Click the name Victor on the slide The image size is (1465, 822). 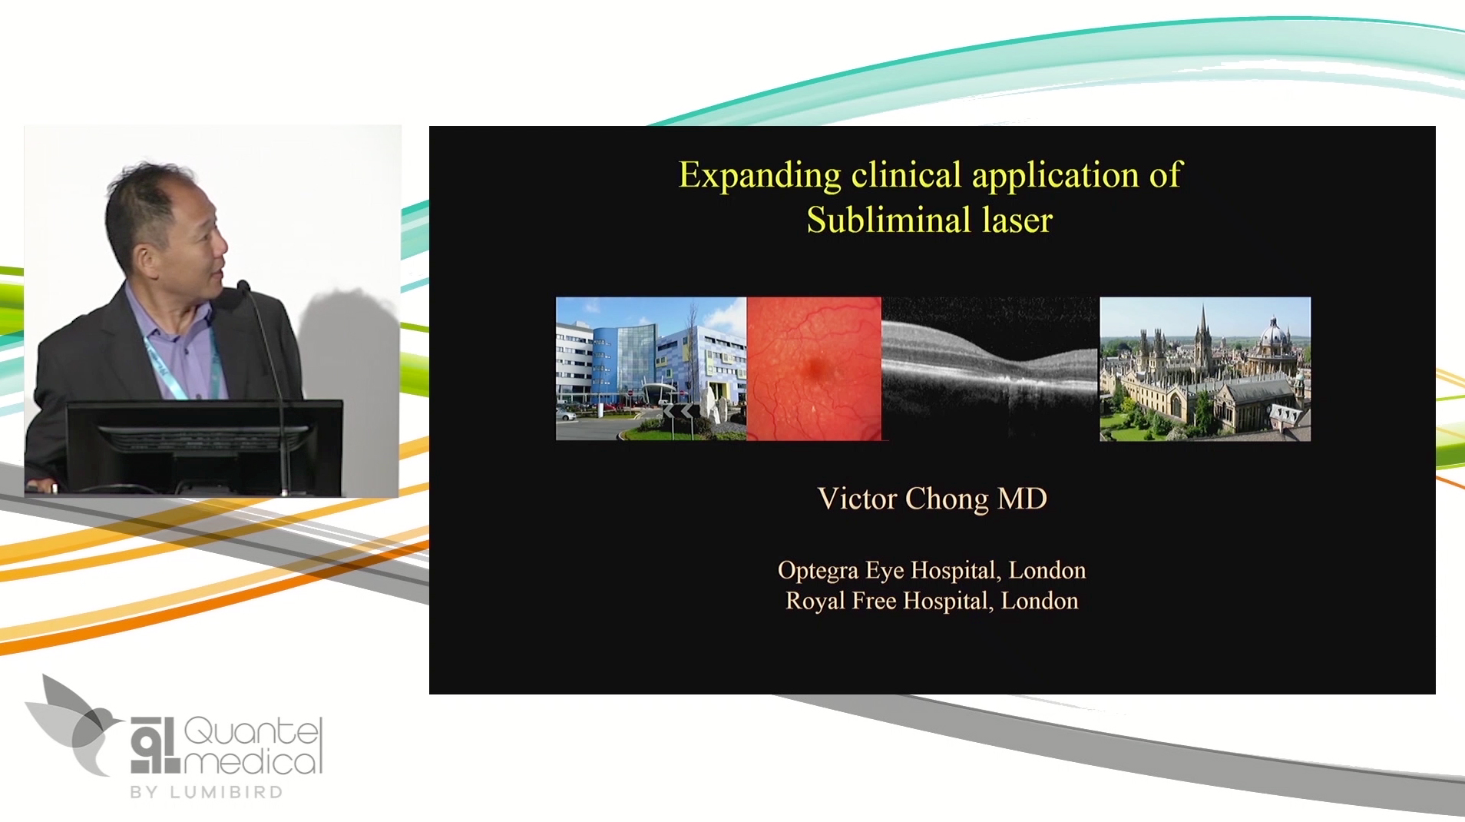[856, 499]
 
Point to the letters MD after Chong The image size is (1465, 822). [1022, 499]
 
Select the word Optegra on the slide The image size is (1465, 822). [818, 571]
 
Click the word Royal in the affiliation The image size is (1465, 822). [814, 601]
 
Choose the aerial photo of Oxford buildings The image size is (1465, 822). [1205, 368]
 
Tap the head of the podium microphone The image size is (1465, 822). [243, 287]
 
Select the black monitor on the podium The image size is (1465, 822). [203, 446]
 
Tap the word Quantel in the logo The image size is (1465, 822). [252, 731]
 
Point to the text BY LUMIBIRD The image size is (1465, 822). [207, 792]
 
